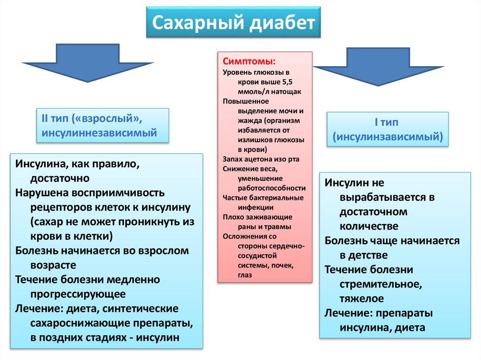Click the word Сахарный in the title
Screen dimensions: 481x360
(x=194, y=23)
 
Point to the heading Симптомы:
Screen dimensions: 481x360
(x=249, y=61)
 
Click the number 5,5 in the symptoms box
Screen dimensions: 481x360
(x=287, y=82)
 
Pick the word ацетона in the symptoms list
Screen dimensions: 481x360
(x=262, y=159)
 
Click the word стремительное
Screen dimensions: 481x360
(x=372, y=284)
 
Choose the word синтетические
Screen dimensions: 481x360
(x=133, y=309)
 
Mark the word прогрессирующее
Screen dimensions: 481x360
(x=78, y=294)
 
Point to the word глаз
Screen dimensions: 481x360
(x=245, y=275)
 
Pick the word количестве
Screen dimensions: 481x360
(x=369, y=226)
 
